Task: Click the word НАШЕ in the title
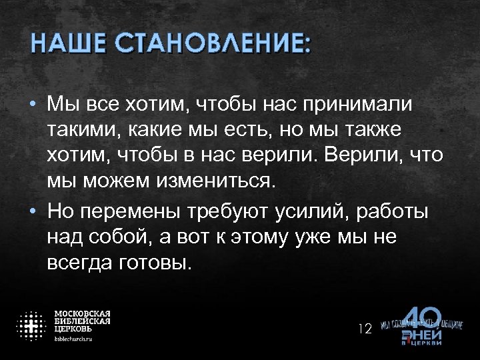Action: click(68, 45)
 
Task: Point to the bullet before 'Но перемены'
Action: click(32, 212)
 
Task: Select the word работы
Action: click(393, 212)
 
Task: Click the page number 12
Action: click(365, 328)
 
